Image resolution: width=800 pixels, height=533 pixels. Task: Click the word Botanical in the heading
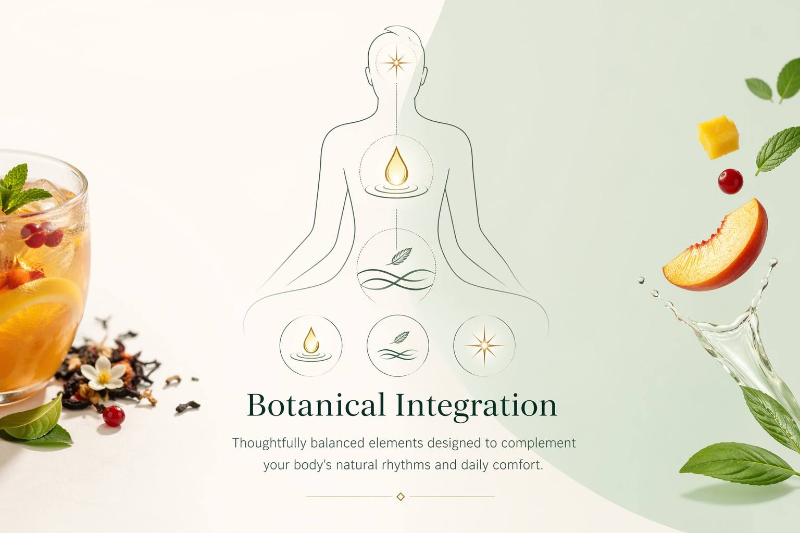pos(316,405)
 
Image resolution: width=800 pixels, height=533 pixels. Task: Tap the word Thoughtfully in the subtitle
pos(269,443)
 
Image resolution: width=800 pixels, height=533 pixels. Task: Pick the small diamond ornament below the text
pos(401,497)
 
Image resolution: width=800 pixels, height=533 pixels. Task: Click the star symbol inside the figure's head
pos(396,63)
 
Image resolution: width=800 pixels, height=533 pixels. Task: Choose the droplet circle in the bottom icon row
pos(311,346)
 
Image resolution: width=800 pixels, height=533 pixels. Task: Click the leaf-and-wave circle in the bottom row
pos(397,346)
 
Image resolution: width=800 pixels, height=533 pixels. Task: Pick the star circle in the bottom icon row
pos(484,346)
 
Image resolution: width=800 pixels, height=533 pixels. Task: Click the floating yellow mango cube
pos(718,137)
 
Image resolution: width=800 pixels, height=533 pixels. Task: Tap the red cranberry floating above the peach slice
pos(731,181)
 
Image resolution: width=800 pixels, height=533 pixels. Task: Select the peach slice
pos(715,246)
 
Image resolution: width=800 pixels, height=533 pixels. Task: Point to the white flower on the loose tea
pos(103,373)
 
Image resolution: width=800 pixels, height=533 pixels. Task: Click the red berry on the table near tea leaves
pos(114,416)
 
